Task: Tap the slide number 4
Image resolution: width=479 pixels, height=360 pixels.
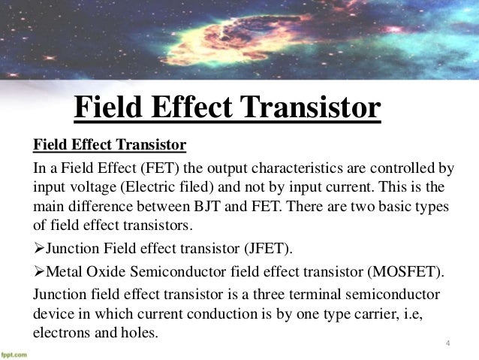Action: click(x=448, y=345)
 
